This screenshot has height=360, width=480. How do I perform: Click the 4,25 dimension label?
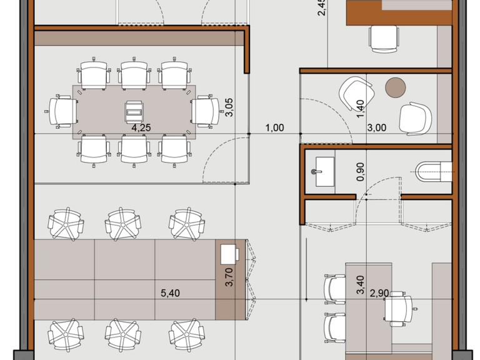[x=141, y=127]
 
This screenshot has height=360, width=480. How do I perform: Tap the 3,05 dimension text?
[x=229, y=107]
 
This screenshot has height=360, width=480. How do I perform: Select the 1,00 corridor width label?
[x=274, y=127]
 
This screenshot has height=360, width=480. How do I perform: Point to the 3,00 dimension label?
[x=376, y=127]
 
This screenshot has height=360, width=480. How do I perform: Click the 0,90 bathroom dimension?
[x=361, y=171]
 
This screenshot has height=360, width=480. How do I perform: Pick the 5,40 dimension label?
[x=170, y=293]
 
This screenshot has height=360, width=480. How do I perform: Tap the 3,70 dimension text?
[x=229, y=277]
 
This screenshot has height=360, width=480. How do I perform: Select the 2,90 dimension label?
[x=379, y=293]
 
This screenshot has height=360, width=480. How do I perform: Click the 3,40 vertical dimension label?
[x=361, y=285]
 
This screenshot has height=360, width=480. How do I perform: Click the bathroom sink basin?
[x=324, y=172]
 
